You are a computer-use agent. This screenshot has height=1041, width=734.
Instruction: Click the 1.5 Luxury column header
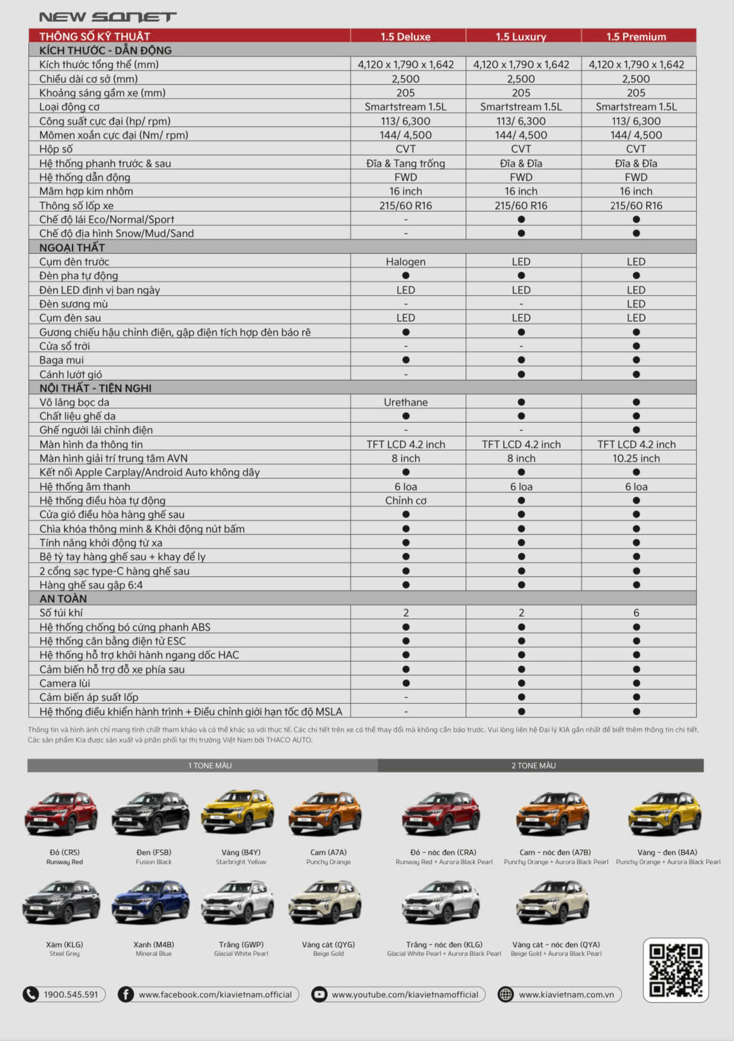tap(520, 36)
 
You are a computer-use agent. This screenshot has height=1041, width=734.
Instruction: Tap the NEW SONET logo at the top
tap(108, 17)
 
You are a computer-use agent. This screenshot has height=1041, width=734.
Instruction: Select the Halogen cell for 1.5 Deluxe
tap(405, 262)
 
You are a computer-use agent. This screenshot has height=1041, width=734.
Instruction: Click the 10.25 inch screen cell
tap(636, 458)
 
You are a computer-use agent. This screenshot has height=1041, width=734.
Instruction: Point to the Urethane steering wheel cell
tap(405, 402)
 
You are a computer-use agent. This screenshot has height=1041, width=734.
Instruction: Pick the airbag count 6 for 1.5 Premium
tap(636, 613)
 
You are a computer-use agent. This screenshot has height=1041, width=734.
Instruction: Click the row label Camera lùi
tap(65, 683)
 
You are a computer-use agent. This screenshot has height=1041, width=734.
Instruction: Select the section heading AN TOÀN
tap(63, 599)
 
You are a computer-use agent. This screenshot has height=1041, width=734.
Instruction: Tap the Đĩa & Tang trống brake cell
tap(405, 163)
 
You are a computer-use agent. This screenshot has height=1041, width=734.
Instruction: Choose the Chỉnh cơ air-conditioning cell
tap(405, 501)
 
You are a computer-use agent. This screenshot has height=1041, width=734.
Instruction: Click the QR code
tap(675, 970)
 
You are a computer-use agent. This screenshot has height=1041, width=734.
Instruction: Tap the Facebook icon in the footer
tap(125, 995)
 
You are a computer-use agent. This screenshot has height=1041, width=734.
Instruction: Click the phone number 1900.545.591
tap(71, 995)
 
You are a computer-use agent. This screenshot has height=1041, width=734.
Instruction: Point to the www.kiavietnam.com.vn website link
tap(566, 995)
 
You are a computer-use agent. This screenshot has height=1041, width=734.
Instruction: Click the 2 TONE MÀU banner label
tap(534, 765)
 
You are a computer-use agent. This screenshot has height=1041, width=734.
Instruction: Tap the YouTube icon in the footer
tap(320, 995)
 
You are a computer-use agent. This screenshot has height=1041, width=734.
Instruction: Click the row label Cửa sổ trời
tap(65, 346)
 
